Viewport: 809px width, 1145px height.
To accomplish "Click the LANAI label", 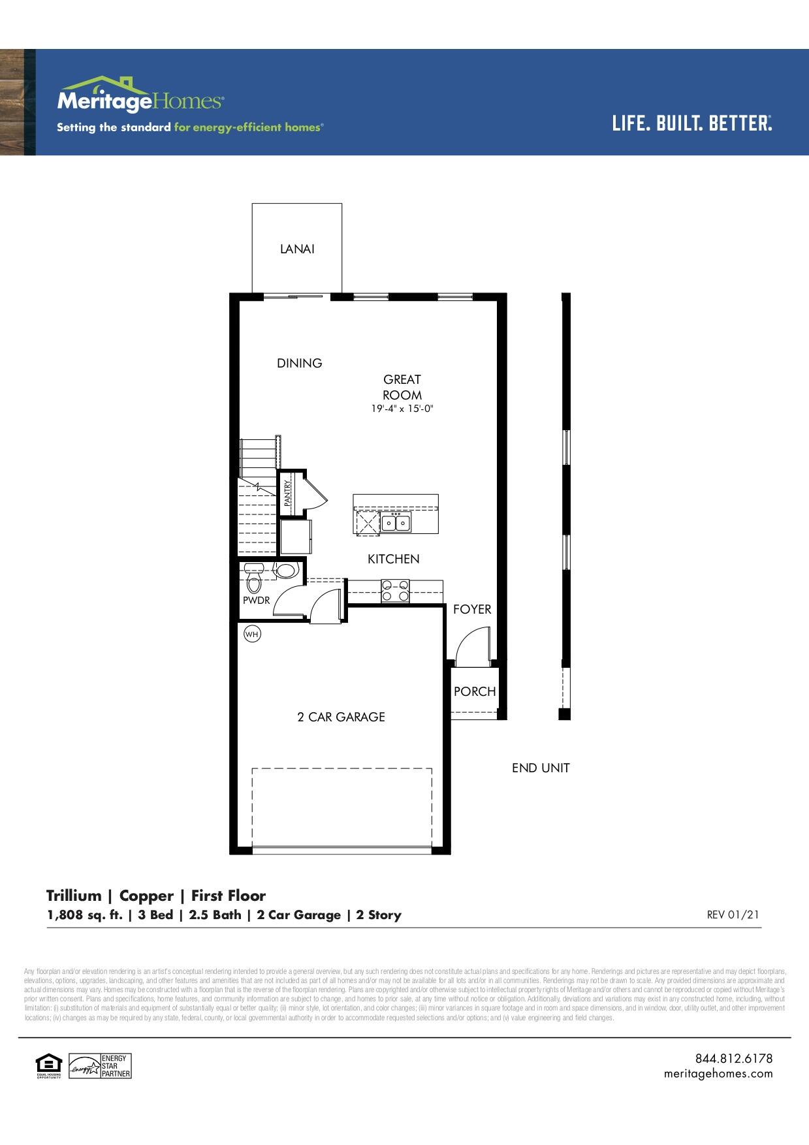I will (297, 249).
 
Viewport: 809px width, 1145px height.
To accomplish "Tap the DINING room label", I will (300, 363).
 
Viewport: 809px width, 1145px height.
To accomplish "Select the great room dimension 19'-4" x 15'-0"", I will (402, 409).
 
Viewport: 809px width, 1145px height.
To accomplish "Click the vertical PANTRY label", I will (287, 493).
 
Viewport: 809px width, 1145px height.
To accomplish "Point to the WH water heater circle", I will (252, 633).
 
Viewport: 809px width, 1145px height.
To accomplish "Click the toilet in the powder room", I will (254, 577).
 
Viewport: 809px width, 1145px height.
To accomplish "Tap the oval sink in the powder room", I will (286, 571).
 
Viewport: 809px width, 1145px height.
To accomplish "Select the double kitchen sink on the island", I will (396, 522).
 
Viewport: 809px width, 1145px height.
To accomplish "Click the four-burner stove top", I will (395, 591).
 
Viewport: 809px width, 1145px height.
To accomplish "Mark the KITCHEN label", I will (393, 559).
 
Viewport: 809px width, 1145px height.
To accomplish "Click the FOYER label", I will (472, 609).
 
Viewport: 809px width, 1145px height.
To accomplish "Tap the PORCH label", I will (475, 691).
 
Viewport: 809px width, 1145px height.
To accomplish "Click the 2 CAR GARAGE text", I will (341, 717).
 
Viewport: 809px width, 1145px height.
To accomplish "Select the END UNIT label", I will (541, 768).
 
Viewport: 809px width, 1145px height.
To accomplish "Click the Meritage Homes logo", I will (140, 96).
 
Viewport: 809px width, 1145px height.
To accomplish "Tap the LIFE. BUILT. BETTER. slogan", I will (691, 123).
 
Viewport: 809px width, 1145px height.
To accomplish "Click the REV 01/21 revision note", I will (733, 915).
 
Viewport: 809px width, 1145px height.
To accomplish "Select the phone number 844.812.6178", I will (733, 1058).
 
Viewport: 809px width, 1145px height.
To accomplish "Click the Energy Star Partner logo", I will (101, 1067).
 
